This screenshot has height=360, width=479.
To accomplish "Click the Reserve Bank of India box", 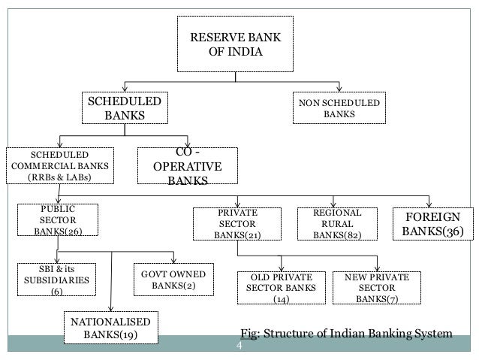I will click(235, 44).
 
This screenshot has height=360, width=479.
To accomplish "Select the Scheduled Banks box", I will click(125, 108).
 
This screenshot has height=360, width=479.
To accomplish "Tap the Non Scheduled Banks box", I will click(340, 108).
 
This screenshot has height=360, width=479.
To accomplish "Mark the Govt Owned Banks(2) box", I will click(173, 278).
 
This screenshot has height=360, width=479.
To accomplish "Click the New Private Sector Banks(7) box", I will click(377, 289).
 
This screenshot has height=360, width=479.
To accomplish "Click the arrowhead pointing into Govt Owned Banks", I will click(173, 259).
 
